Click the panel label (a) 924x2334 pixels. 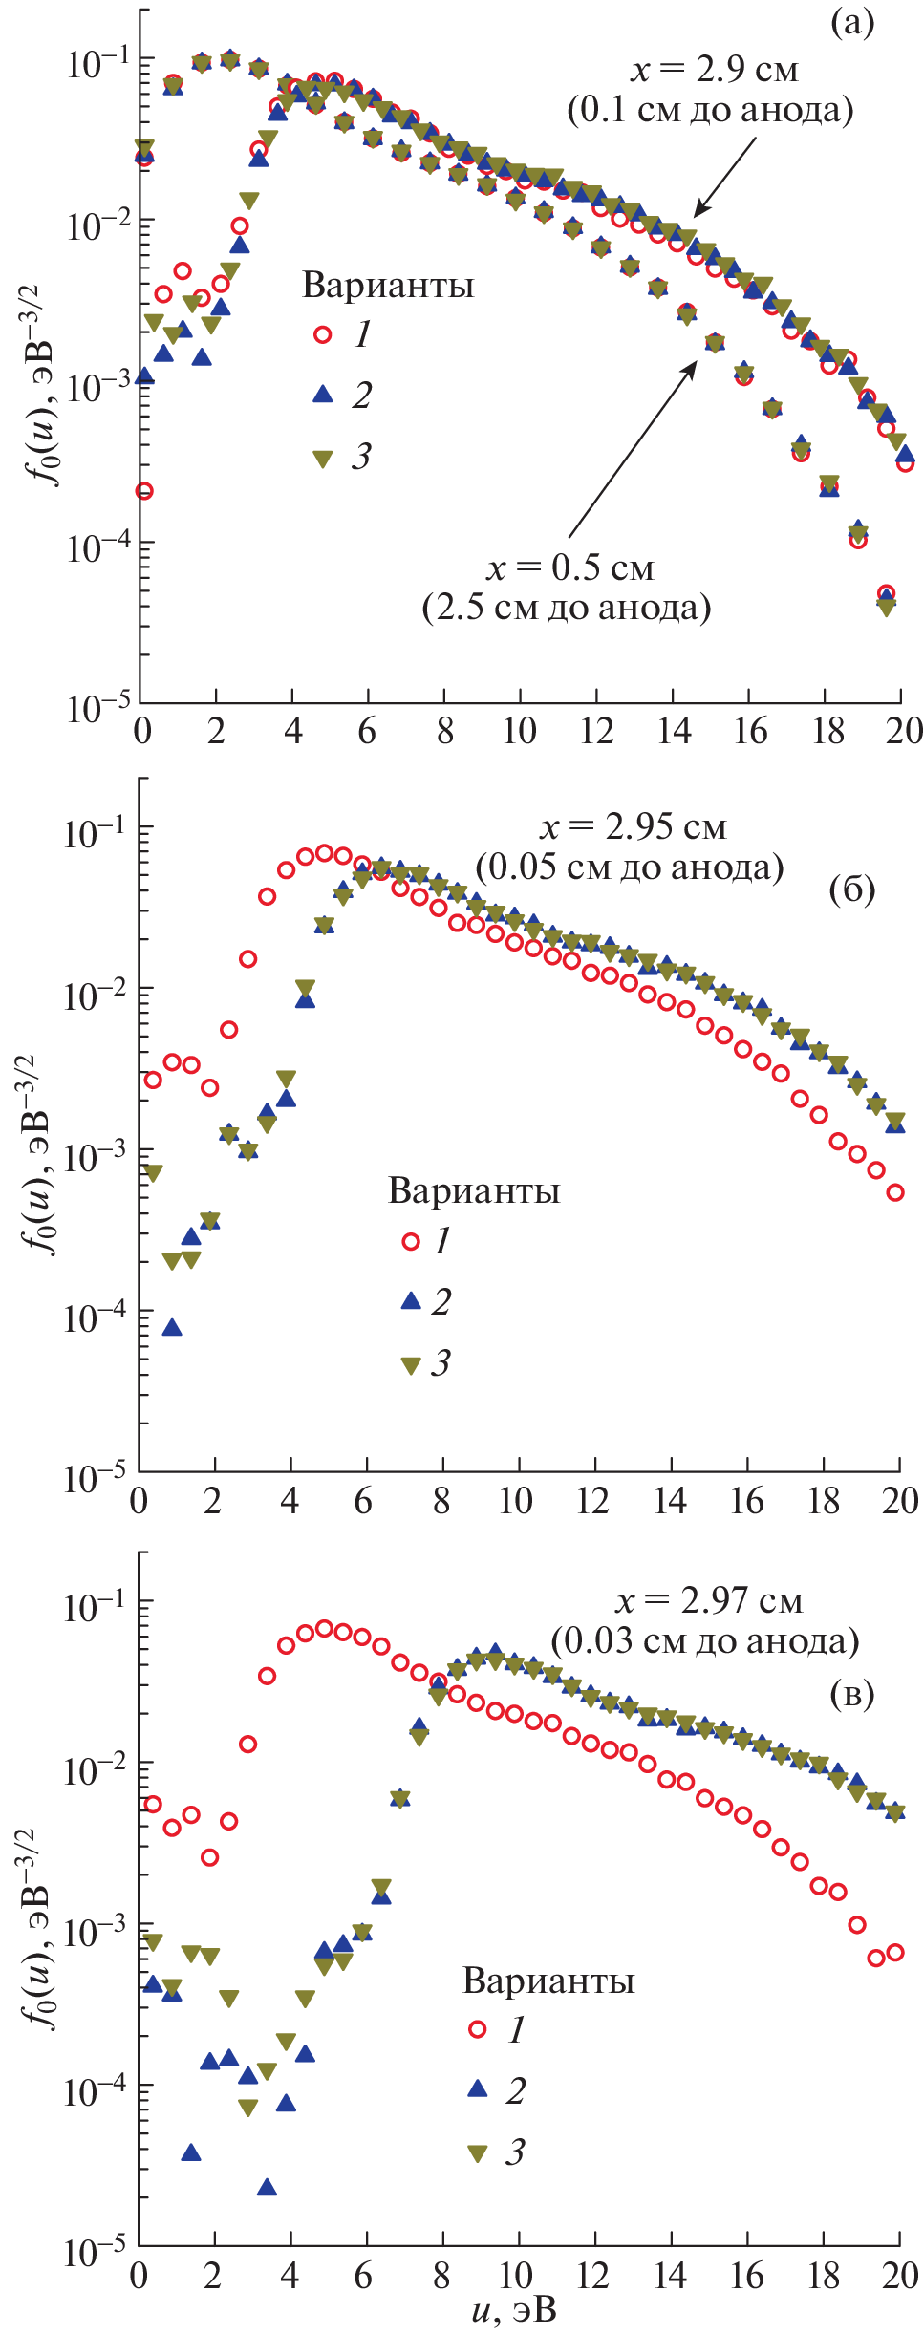[x=852, y=23]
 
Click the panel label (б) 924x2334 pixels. [x=852, y=889]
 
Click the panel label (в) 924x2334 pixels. [x=852, y=1694]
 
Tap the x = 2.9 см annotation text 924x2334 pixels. [x=713, y=70]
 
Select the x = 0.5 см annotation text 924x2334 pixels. [x=569, y=568]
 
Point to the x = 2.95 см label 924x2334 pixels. [x=633, y=827]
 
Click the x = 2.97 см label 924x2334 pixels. [x=708, y=1601]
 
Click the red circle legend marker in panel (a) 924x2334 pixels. [x=323, y=334]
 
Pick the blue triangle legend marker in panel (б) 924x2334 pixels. [x=411, y=1300]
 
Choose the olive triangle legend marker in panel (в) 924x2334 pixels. [x=478, y=2153]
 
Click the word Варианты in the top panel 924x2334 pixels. [x=388, y=286]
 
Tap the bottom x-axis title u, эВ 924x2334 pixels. [x=513, y=2312]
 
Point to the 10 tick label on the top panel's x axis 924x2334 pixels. [x=520, y=732]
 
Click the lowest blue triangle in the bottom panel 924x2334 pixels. [x=268, y=2187]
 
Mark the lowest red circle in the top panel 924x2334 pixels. [x=144, y=491]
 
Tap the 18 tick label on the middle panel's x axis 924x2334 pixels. [x=824, y=1502]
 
